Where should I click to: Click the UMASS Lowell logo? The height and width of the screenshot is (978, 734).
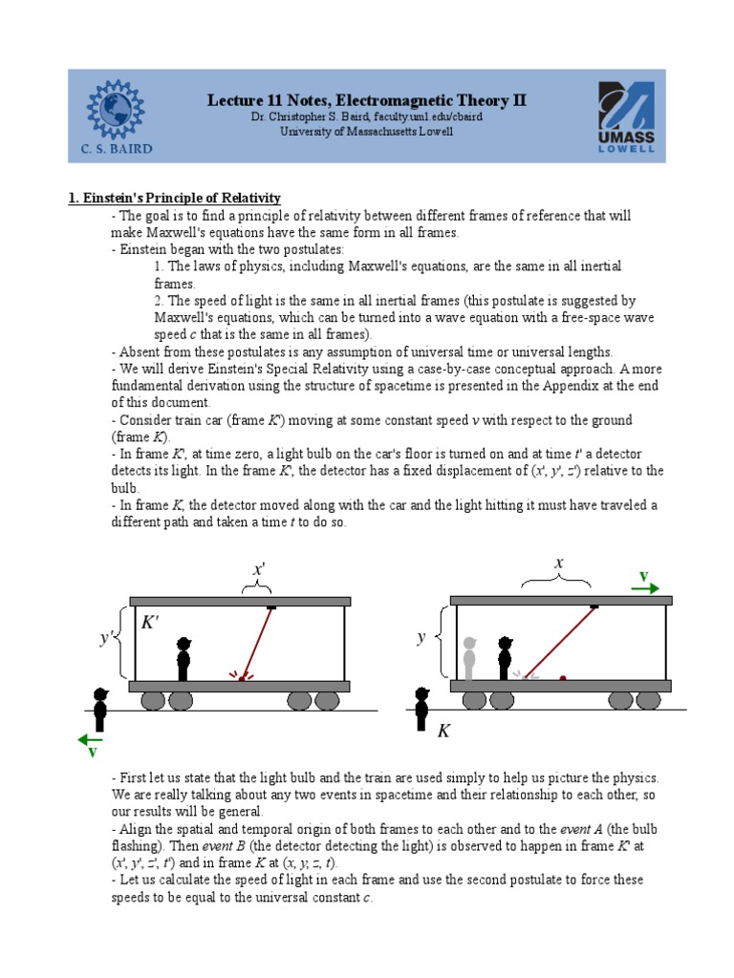point(626,117)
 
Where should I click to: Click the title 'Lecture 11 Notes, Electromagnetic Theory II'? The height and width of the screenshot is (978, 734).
point(367,100)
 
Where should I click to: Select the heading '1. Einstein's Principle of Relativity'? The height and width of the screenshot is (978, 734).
point(174,198)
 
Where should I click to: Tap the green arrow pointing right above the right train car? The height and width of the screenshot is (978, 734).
point(645,586)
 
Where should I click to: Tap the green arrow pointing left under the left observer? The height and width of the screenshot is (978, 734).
point(92,738)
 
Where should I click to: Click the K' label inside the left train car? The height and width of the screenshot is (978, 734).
point(152,623)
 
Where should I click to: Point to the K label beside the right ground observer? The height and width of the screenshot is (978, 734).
point(443,732)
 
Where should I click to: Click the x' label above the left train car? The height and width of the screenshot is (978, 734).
point(258,569)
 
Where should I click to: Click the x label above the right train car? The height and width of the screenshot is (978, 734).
point(559,564)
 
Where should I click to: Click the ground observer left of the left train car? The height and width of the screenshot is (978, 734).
point(99,709)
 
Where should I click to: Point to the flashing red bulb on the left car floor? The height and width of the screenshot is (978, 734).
point(242,678)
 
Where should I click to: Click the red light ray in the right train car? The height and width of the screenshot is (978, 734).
point(559,642)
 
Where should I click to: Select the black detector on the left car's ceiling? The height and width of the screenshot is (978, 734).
point(272,606)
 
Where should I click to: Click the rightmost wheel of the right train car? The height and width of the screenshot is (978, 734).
point(648,701)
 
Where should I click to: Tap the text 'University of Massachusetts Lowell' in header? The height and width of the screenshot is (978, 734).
point(367,132)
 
